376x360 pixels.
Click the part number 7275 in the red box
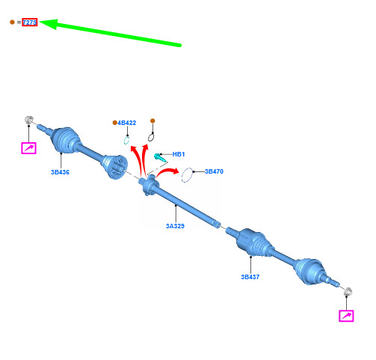(x=30, y=22)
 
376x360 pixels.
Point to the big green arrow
(x=111, y=33)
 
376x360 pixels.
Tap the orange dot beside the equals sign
(x=12, y=22)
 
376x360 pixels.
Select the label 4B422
(x=127, y=123)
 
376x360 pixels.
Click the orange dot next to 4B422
(x=114, y=123)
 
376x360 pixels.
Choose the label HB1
(x=179, y=154)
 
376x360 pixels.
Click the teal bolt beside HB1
(x=159, y=157)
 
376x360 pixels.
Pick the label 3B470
(x=214, y=171)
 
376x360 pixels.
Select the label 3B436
(x=60, y=172)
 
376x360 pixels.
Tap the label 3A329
(x=175, y=226)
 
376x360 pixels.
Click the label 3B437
(x=250, y=277)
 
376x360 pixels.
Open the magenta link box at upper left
(x=28, y=148)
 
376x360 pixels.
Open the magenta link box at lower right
(x=346, y=316)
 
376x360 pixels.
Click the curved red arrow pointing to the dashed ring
(x=167, y=172)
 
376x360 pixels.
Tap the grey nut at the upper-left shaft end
(x=29, y=120)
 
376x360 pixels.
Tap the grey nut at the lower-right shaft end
(x=348, y=291)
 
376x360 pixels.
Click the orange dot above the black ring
(x=152, y=121)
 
